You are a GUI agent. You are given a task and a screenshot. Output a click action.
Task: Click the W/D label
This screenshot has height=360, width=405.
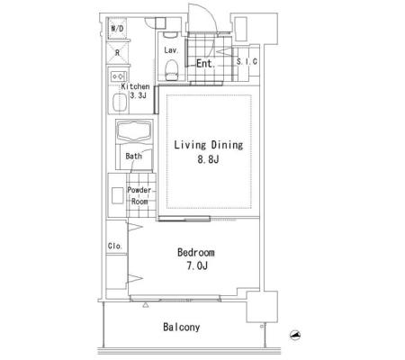coord(117,29)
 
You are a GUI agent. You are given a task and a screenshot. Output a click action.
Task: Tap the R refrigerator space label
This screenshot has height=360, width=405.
coord(117,53)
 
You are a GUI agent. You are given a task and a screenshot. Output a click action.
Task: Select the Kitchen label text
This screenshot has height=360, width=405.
coord(135,86)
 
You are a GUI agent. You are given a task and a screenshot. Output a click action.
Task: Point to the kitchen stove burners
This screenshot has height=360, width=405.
coord(119,76)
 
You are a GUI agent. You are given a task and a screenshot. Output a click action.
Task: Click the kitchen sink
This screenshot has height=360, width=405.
coord(120,103)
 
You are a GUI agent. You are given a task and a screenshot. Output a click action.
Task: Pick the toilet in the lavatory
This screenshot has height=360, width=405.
coord(171,69)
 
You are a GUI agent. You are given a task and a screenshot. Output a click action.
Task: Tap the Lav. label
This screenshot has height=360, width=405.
coord(171,50)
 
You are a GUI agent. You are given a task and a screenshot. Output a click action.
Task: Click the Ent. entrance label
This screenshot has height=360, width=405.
coord(206,63)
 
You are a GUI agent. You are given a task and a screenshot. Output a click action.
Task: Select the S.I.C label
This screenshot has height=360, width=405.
coord(247,62)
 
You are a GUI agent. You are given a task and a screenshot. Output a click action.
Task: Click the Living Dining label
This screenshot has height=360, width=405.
coord(209,145)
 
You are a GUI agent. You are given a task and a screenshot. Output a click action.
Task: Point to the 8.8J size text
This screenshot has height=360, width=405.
coord(208,159)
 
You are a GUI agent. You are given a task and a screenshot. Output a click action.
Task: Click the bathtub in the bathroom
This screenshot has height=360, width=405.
coord(134,131)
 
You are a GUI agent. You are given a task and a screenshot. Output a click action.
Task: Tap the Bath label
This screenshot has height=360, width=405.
coord(133,156)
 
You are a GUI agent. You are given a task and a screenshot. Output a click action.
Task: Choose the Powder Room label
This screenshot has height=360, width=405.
coord(139,195)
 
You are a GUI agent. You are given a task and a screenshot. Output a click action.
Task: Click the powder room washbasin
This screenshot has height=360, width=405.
coord(117,195)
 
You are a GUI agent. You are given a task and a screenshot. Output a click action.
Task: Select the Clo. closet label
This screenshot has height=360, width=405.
coord(115,247)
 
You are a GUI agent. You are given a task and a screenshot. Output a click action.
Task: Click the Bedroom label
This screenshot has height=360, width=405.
coord(196,253)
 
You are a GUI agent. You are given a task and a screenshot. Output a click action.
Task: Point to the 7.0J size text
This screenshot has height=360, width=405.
coord(197,265)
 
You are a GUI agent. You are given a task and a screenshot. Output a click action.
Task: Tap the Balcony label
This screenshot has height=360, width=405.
coord(182,327)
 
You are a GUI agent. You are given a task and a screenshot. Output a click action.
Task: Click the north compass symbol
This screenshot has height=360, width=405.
coord(295,335)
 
